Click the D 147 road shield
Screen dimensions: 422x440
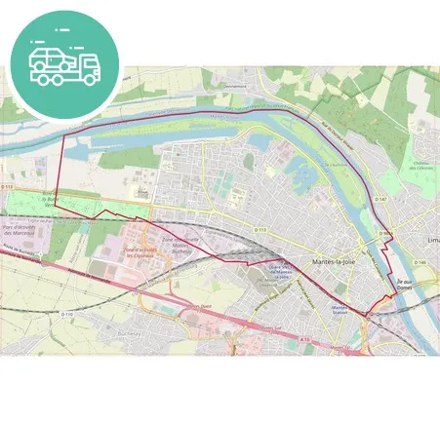381,198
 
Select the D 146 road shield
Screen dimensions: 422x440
420,262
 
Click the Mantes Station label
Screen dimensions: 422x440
340,309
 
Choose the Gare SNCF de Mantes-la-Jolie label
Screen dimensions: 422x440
280,274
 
